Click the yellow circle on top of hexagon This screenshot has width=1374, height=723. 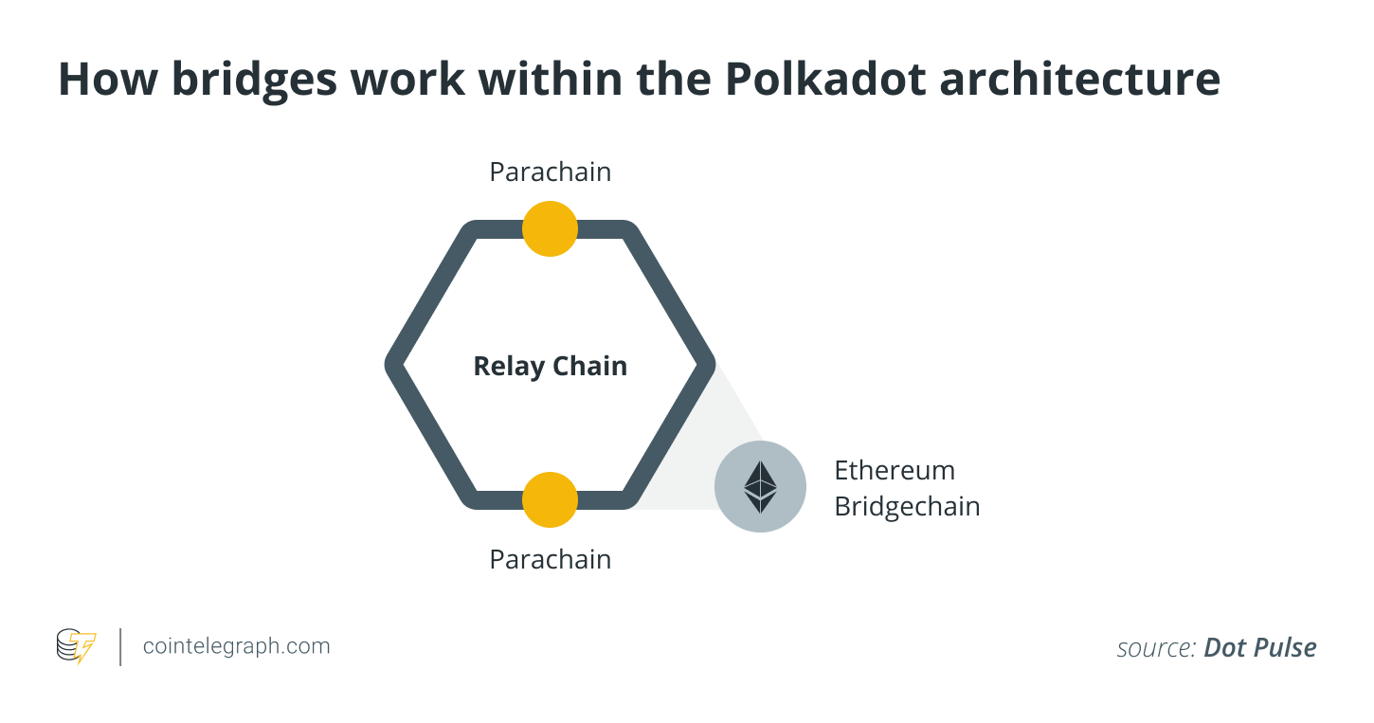click(x=550, y=228)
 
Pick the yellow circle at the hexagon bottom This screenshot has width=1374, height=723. click(x=550, y=499)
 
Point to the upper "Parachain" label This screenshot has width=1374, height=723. click(x=550, y=172)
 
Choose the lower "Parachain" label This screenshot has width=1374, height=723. click(x=550, y=559)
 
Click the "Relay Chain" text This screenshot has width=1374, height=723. click(x=550, y=366)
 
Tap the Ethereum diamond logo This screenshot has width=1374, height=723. click(x=760, y=486)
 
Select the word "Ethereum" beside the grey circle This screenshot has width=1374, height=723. click(x=894, y=470)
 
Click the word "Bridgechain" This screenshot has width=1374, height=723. click(x=906, y=506)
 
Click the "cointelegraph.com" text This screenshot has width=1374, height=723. click(x=236, y=646)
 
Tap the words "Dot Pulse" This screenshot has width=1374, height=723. click(x=1259, y=648)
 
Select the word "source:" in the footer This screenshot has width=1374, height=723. click(x=1155, y=648)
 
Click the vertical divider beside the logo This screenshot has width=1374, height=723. click(x=120, y=646)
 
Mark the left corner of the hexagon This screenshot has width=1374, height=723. click(x=391, y=365)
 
